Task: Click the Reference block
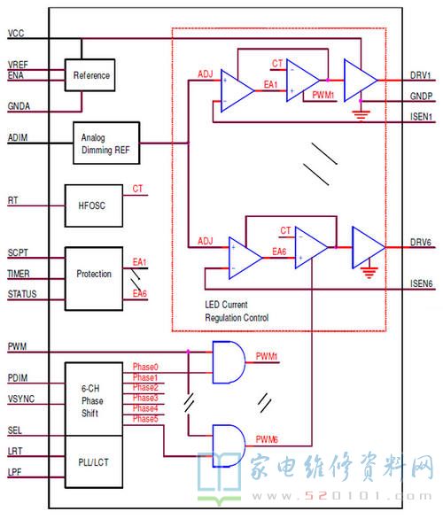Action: point(91,75)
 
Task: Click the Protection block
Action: point(91,274)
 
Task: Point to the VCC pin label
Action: point(16,34)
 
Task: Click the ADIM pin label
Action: point(18,139)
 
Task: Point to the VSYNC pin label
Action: point(21,399)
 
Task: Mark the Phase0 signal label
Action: point(145,367)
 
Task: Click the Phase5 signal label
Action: point(145,419)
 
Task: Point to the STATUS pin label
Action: point(22,293)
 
